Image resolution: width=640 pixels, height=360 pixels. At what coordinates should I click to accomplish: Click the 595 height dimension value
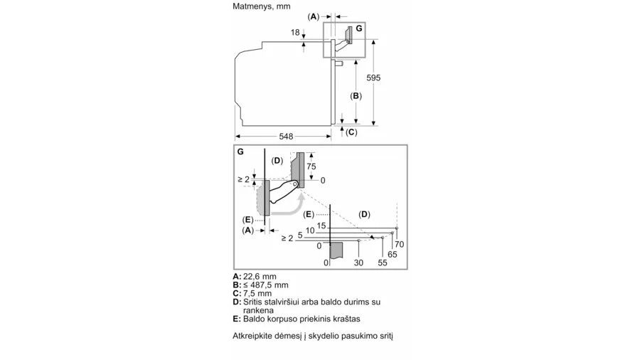[x=373, y=78]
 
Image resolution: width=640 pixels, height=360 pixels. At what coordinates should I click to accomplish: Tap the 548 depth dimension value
[x=286, y=137]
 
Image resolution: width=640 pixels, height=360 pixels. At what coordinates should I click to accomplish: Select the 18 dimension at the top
[x=295, y=32]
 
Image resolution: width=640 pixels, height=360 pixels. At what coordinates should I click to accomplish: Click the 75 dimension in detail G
[x=311, y=166]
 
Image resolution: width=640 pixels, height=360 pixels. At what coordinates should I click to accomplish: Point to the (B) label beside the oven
[x=356, y=96]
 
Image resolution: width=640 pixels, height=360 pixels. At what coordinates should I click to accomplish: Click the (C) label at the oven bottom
[x=351, y=132]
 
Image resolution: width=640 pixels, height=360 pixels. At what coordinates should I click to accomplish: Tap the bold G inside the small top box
[x=359, y=28]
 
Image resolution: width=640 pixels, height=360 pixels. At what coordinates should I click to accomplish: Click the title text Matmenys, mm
[x=262, y=6]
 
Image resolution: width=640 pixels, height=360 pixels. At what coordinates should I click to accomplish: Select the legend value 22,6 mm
[x=260, y=276]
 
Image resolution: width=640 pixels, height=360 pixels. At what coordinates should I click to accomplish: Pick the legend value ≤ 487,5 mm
[x=266, y=285]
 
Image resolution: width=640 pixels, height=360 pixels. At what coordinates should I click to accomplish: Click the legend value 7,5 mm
[x=257, y=293]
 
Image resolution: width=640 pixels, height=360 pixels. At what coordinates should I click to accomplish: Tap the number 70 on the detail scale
[x=399, y=244]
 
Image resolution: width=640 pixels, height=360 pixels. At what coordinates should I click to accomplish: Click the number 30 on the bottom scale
[x=358, y=263]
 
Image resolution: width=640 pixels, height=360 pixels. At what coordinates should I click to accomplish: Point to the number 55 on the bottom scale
[x=382, y=263]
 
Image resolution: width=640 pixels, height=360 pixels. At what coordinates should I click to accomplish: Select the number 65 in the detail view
[x=392, y=254]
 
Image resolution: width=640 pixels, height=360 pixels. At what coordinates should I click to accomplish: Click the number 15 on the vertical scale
[x=321, y=226]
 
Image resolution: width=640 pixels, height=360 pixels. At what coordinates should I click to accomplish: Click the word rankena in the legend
[x=258, y=311]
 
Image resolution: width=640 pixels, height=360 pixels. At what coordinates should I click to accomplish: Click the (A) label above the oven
[x=313, y=17]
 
